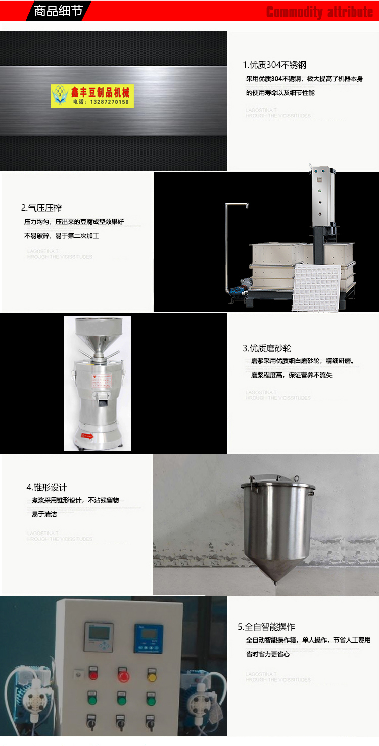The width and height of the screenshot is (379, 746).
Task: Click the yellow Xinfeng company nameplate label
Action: [92, 96]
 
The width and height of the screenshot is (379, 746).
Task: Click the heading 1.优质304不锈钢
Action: [274, 65]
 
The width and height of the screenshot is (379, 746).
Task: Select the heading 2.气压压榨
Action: [41, 208]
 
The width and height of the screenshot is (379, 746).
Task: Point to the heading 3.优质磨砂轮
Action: [267, 348]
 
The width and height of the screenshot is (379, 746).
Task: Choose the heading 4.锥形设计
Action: [46, 487]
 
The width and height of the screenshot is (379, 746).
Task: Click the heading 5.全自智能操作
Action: [266, 627]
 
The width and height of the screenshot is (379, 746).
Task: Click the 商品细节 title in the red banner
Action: [58, 11]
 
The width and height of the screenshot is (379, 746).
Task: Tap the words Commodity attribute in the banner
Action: [319, 12]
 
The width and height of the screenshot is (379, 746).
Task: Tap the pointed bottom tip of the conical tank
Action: [275, 583]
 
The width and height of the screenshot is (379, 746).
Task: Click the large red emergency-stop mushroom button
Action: [123, 675]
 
